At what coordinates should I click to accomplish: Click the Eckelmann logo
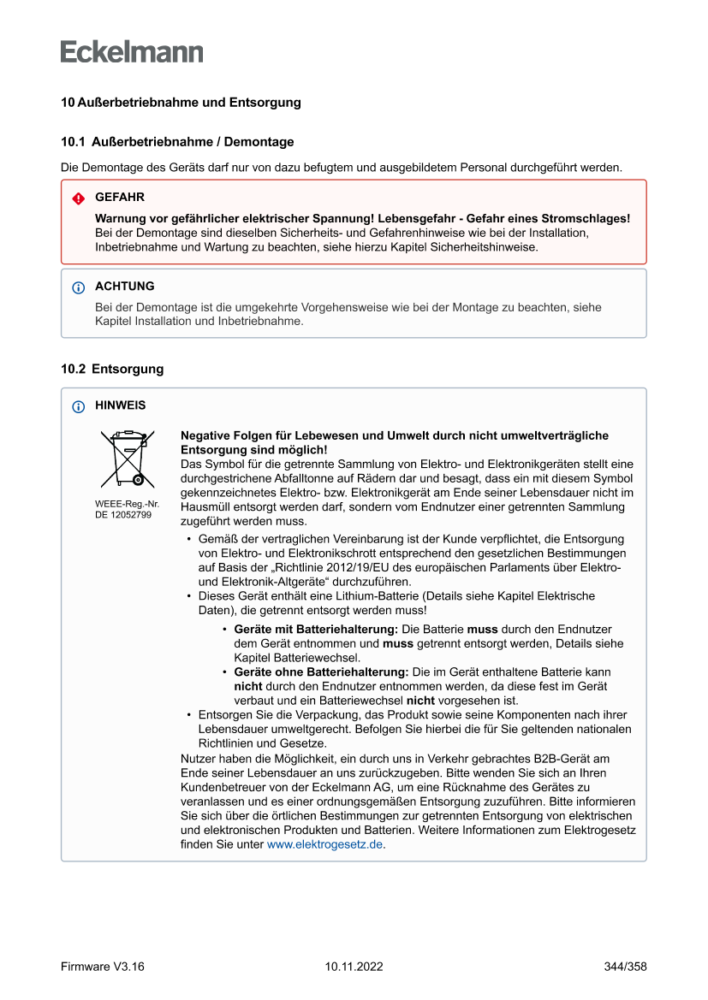pos(132,51)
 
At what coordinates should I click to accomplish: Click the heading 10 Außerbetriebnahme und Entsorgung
pos(181,103)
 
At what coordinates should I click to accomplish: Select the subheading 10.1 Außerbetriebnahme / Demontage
pos(177,142)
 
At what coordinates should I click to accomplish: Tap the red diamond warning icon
pos(79,198)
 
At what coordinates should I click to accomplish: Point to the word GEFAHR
pos(120,198)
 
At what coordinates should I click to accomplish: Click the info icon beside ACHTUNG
pos(79,287)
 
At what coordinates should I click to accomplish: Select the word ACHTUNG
pos(125,287)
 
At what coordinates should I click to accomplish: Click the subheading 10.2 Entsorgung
pos(112,370)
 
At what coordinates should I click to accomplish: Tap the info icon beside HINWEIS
pos(79,406)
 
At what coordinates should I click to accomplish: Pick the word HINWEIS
pos(121,405)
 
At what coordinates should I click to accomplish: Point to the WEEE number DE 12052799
pos(123,515)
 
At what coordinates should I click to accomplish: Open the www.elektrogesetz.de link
pos(324,844)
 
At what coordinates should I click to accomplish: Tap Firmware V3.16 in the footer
pos(103,967)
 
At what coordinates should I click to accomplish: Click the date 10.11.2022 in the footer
pos(354,967)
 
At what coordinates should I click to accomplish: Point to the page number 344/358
pos(625,967)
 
